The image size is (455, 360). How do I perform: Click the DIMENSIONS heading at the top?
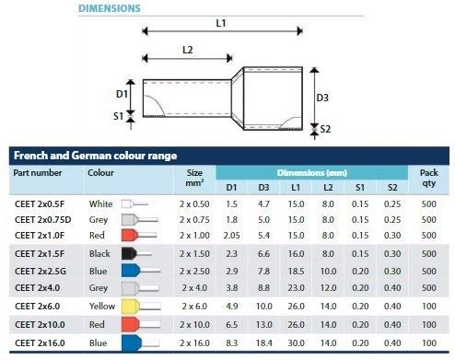coord(110,8)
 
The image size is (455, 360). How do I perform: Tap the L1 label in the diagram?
coord(221,23)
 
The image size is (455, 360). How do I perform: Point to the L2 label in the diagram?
coord(187,50)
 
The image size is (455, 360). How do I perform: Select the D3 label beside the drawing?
coord(322,98)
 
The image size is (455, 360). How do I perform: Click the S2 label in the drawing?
coord(325,129)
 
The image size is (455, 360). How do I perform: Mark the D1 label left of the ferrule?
coord(122,94)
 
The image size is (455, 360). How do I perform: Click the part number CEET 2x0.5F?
coord(40,204)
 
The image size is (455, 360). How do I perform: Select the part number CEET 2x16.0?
coord(40,343)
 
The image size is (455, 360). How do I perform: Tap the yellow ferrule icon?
coord(141,307)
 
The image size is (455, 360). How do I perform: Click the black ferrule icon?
coord(136,253)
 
